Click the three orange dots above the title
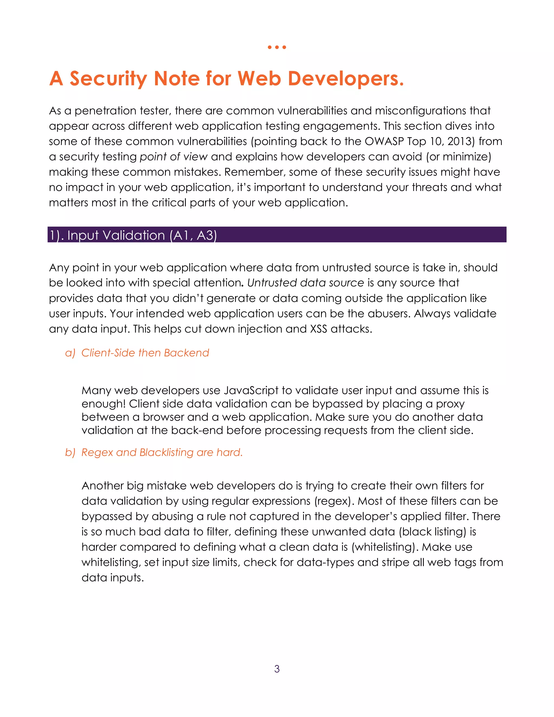[x=277, y=47]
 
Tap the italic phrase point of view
[x=174, y=157]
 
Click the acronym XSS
[x=318, y=329]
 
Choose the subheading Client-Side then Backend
[x=145, y=353]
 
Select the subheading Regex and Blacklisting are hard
[x=162, y=452]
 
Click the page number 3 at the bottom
[x=277, y=669]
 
